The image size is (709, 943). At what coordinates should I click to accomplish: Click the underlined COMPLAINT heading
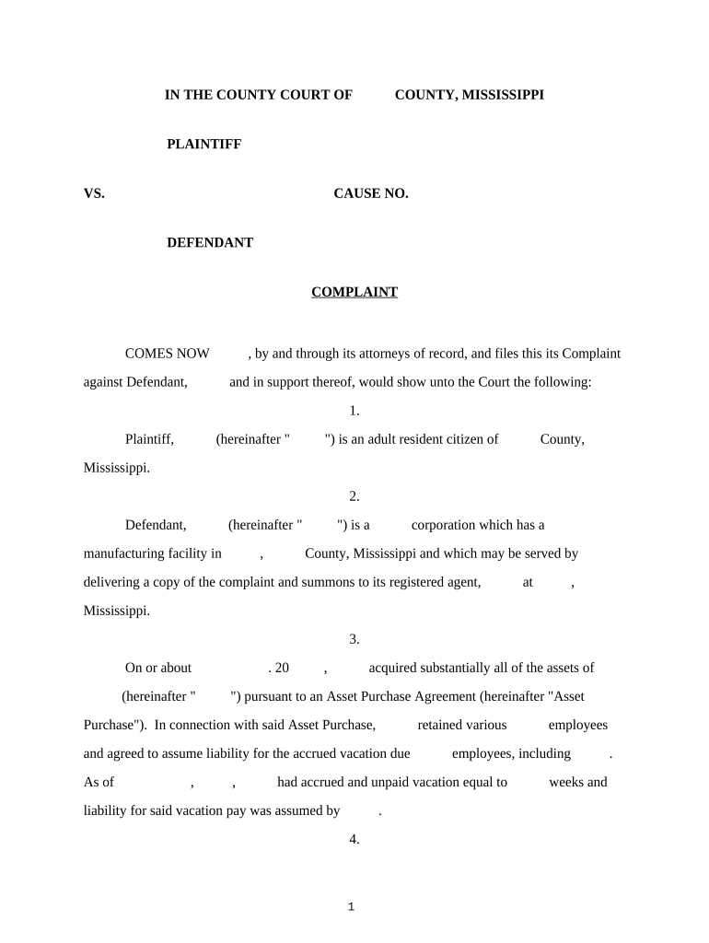[x=354, y=293]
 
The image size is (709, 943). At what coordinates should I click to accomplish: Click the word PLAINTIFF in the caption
[x=203, y=145]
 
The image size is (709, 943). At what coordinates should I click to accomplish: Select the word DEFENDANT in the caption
[x=209, y=243]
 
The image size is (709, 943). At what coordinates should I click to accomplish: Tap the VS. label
[x=94, y=193]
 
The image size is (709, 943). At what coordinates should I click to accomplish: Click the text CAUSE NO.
[x=370, y=193]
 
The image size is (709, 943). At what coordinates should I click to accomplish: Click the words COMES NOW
[x=168, y=354]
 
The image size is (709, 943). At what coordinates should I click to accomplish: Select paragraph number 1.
[x=354, y=411]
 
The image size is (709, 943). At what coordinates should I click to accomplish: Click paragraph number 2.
[x=354, y=496]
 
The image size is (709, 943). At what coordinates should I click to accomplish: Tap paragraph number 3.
[x=354, y=639]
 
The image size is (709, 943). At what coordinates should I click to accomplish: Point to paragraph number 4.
[x=354, y=839]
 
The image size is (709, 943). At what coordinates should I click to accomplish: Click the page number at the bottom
[x=351, y=907]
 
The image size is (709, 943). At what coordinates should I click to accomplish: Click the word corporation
[x=447, y=525]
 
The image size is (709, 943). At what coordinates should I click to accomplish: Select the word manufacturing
[x=126, y=553]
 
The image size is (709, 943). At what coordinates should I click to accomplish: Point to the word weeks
[x=566, y=782]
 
